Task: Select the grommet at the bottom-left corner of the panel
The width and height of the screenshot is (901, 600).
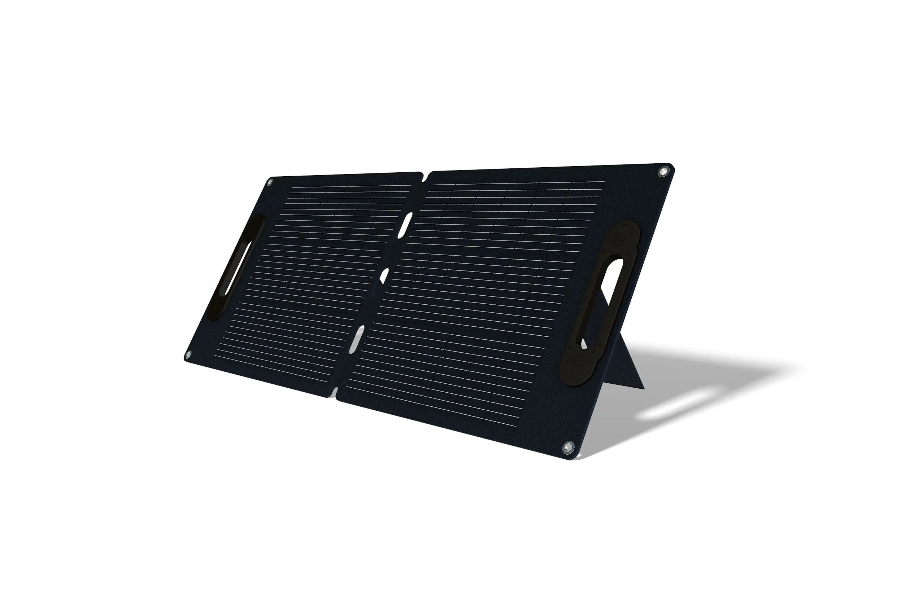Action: click(x=188, y=353)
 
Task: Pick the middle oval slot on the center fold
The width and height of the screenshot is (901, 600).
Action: click(x=383, y=276)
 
